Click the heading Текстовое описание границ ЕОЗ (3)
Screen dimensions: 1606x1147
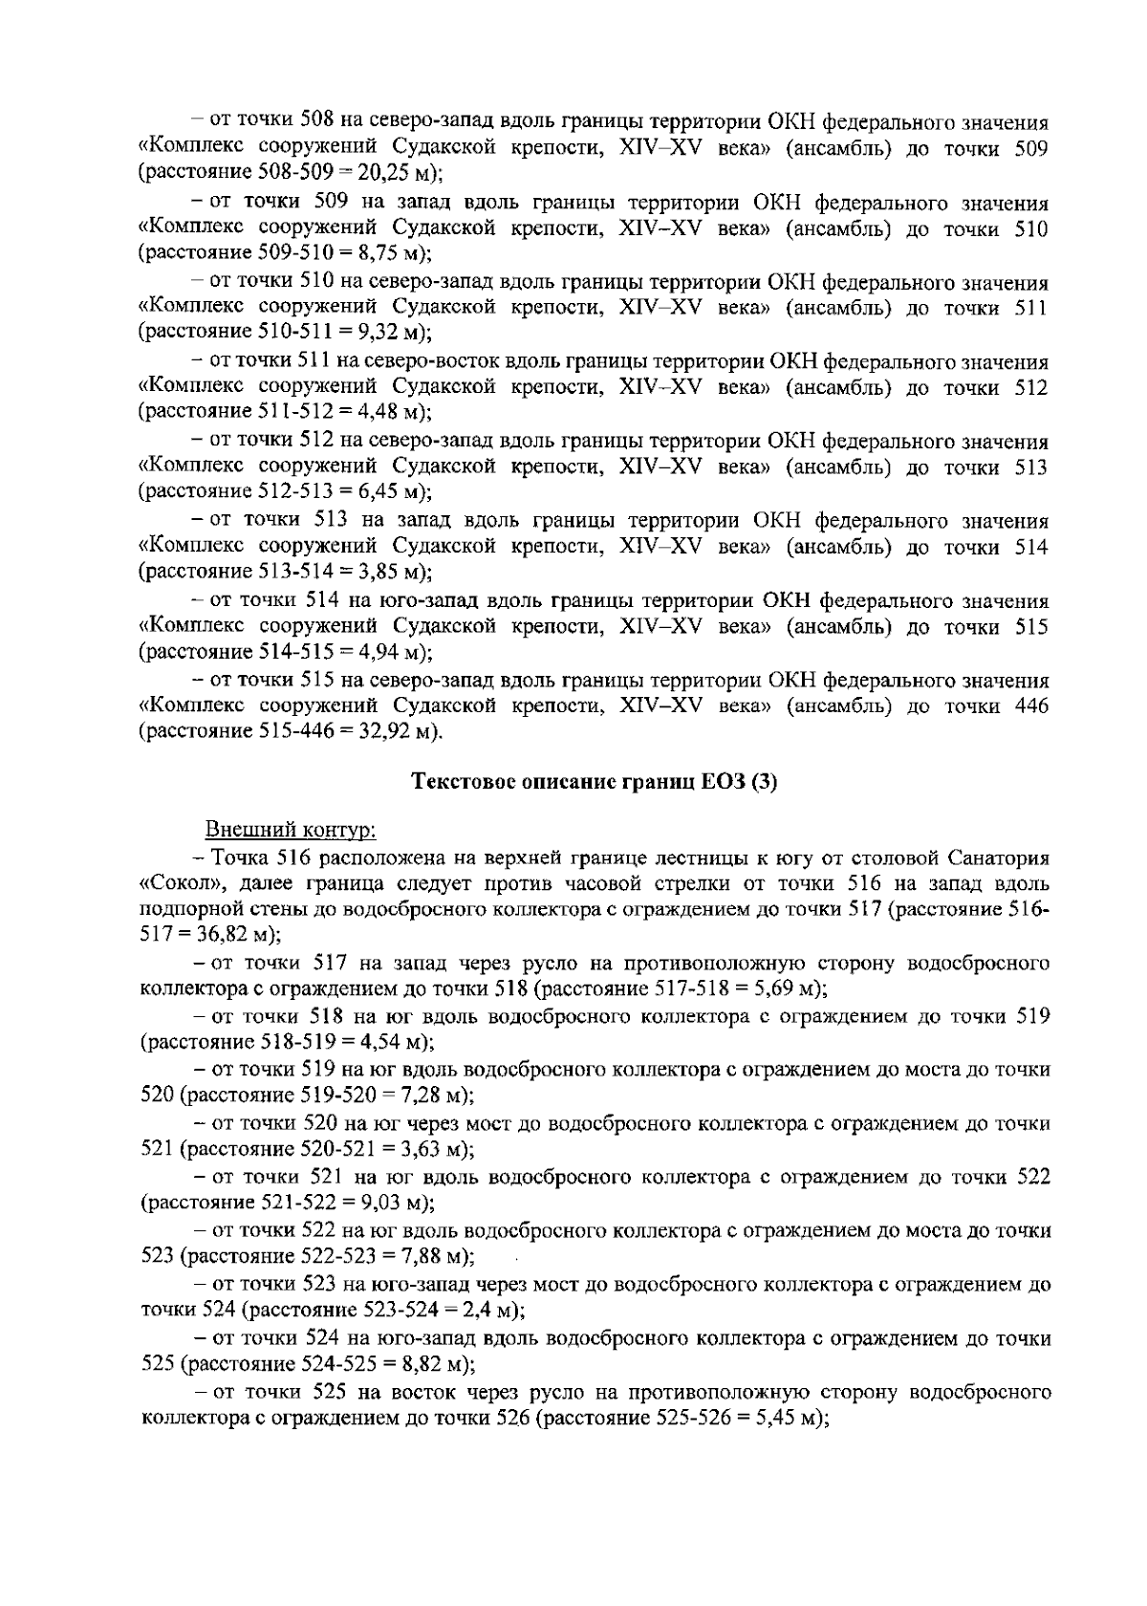pyautogui.click(x=595, y=782)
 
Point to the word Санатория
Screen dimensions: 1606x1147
pyautogui.click(x=1002, y=856)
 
